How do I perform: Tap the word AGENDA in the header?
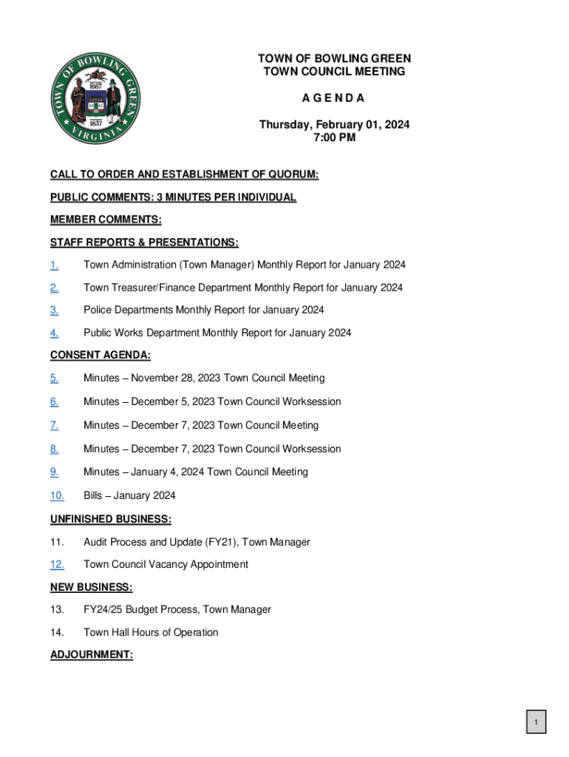pyautogui.click(x=334, y=98)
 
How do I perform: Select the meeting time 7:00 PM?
pyautogui.click(x=334, y=138)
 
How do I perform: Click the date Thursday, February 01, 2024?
pyautogui.click(x=334, y=125)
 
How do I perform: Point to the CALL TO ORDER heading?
pyautogui.click(x=184, y=174)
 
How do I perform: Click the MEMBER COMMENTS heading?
pyautogui.click(x=106, y=220)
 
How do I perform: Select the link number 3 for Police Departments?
pyautogui.click(x=54, y=310)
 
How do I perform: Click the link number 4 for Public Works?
pyautogui.click(x=54, y=333)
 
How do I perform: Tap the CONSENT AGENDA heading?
pyautogui.click(x=100, y=356)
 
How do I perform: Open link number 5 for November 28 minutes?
pyautogui.click(x=54, y=378)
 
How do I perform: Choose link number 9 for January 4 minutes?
pyautogui.click(x=54, y=472)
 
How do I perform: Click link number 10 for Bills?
pyautogui.click(x=57, y=495)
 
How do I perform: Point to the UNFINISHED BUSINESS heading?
pyautogui.click(x=111, y=519)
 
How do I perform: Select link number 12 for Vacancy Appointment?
pyautogui.click(x=57, y=565)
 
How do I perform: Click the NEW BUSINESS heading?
pyautogui.click(x=92, y=588)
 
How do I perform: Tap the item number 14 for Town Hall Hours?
pyautogui.click(x=57, y=632)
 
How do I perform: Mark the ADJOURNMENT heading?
pyautogui.click(x=92, y=655)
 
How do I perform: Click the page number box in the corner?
pyautogui.click(x=536, y=722)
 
